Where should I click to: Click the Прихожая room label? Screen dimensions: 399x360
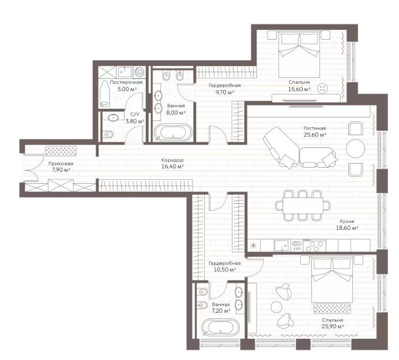pos(61,164)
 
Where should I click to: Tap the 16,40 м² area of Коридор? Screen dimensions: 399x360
pos(172,167)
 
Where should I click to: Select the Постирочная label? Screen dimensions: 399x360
pos(126,82)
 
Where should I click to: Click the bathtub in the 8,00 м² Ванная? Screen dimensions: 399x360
pos(173,132)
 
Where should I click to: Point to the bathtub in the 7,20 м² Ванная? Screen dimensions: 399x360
pos(220,328)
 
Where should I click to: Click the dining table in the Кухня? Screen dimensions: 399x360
pos(303,206)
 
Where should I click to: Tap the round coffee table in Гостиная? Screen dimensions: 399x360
pos(356,149)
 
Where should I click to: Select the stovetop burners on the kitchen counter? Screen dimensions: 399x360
pos(314,246)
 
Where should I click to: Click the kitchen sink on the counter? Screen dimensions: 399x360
pos(281,245)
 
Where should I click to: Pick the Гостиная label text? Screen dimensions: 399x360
pos(315,128)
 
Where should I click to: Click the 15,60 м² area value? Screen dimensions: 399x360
pos(299,89)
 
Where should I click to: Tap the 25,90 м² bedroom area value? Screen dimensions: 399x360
pos(333,327)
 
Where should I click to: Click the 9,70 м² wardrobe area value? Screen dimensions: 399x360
pos(224,92)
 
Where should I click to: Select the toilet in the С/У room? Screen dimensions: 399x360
pos(108,134)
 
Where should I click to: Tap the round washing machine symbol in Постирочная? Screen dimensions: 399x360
pos(139,72)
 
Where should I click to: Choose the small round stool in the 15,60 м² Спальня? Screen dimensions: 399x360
pos(322,89)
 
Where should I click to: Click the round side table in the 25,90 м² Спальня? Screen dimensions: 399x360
pos(277,307)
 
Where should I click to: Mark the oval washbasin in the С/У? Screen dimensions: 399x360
pos(113,118)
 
